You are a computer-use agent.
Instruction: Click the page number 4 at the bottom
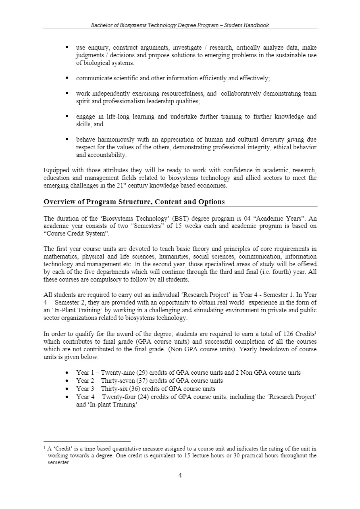tap(180, 475)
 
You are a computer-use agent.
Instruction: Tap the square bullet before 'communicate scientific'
tap(67, 78)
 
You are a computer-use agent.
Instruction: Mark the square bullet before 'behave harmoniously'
tap(67, 140)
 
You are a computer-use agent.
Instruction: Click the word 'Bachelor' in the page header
tap(101, 25)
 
